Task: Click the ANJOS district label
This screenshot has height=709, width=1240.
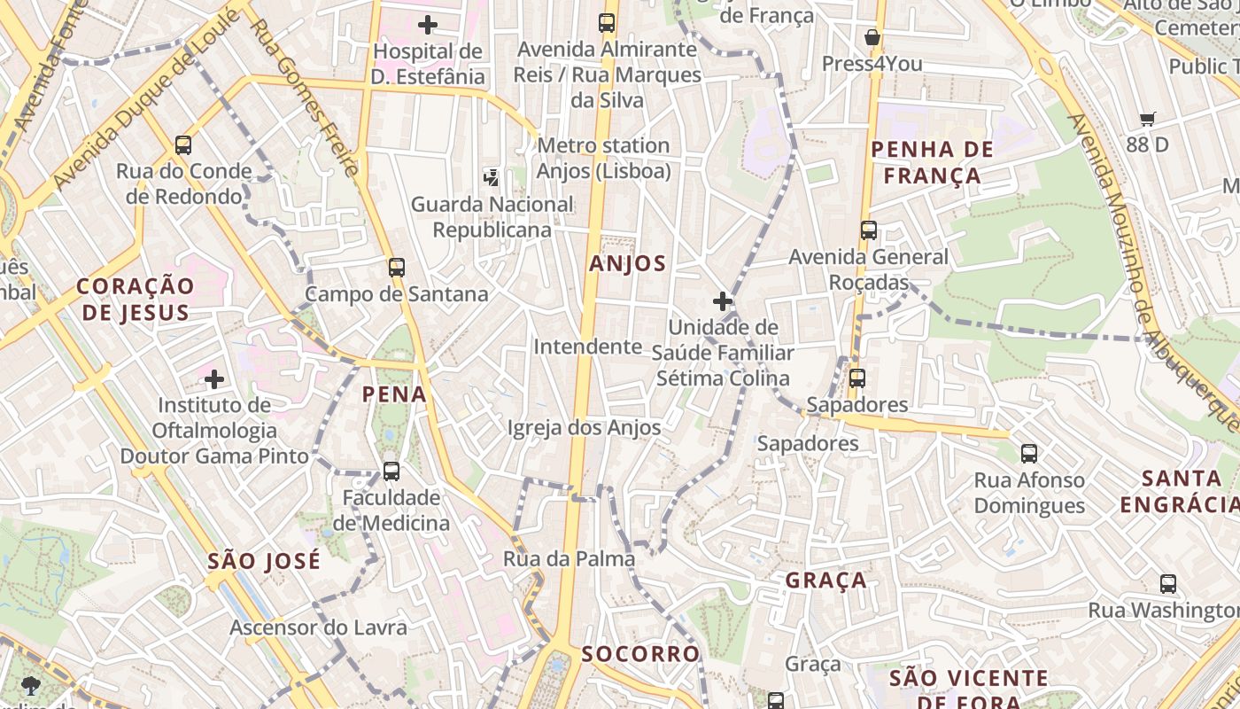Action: tap(627, 263)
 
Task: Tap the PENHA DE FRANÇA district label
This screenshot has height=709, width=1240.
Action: tap(932, 162)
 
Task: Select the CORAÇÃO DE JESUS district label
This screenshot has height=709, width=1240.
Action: tap(135, 299)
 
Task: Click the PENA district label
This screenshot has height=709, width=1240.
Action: tap(394, 394)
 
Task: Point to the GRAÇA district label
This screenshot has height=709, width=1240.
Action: tap(825, 580)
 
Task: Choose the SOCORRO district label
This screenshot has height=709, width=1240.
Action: tap(640, 654)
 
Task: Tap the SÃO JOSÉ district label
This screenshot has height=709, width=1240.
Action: tap(264, 561)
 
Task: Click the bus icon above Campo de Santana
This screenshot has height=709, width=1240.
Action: tap(396, 267)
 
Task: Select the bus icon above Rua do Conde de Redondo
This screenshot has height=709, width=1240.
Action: tap(183, 144)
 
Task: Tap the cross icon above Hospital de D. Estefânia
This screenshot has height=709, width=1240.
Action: tap(428, 25)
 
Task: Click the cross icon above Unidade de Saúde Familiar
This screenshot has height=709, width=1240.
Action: tap(723, 301)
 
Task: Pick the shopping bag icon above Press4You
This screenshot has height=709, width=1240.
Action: tap(872, 37)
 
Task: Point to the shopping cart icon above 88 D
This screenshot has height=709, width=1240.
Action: tap(1148, 119)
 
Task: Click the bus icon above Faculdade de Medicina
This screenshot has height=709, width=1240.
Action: tap(391, 471)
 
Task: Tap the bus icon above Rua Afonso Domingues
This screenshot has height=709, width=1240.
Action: tap(1028, 454)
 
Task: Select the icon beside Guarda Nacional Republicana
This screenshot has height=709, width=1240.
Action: tap(491, 178)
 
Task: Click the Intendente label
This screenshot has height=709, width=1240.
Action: tap(586, 347)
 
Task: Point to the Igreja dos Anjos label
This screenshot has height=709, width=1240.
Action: tap(584, 428)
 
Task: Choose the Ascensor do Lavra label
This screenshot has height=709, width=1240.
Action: tap(319, 627)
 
